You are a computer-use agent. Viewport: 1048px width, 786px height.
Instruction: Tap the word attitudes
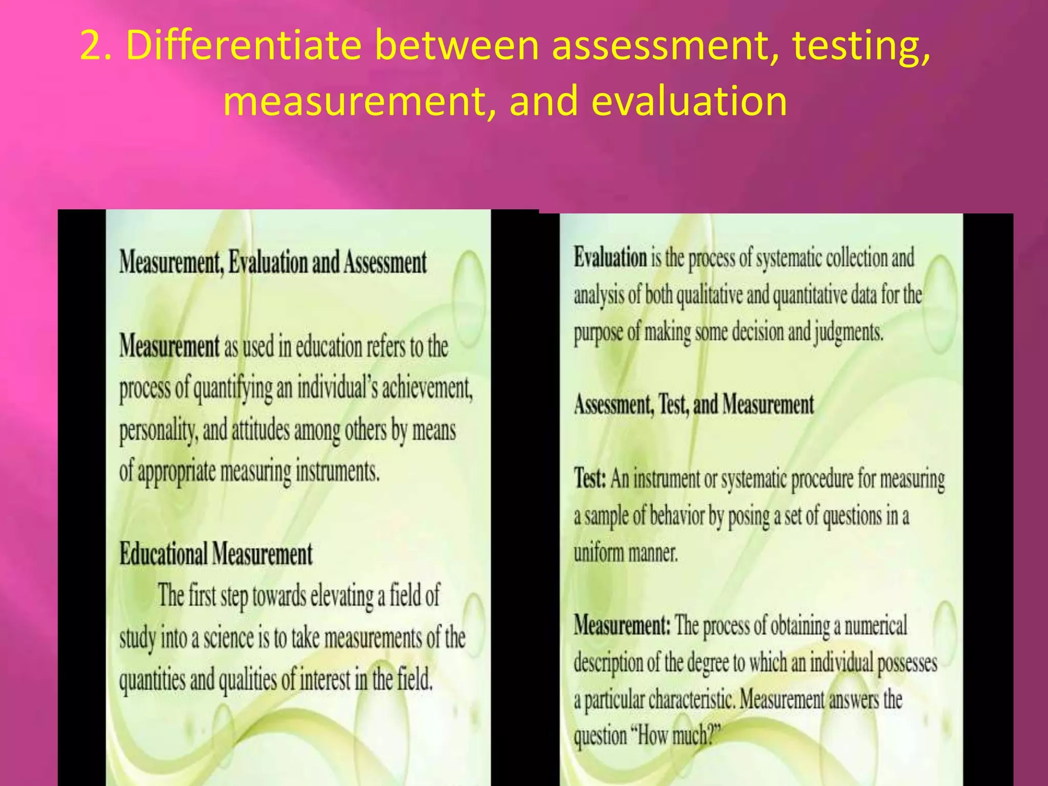pyautogui.click(x=261, y=430)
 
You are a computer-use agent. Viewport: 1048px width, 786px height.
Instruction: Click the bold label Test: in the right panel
pyautogui.click(x=590, y=479)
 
